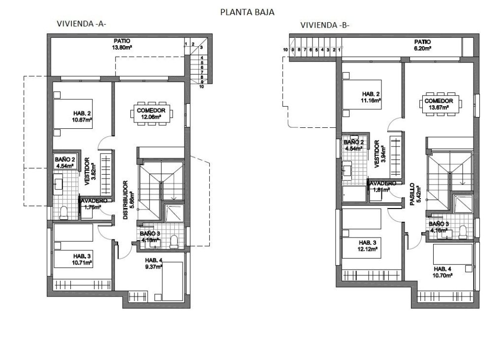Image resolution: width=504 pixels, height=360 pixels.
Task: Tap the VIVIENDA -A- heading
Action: pos(81,24)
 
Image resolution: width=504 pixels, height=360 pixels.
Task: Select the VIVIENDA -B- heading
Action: pos(325,26)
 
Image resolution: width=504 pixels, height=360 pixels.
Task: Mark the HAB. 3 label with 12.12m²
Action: pos(368,245)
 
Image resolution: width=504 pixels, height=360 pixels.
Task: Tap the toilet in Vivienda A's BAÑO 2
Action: pos(63,212)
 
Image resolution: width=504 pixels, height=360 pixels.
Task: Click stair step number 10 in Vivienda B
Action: pos(285,50)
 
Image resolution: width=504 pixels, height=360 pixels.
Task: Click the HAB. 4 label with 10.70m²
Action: pos(442,272)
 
